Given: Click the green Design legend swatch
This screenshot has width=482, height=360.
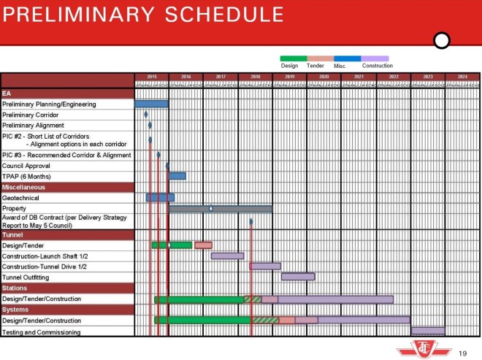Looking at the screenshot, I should (x=294, y=58).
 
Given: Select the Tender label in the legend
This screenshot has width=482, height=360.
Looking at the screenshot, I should (x=315, y=66).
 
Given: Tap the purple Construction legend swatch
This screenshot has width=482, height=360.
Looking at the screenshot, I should (x=375, y=58).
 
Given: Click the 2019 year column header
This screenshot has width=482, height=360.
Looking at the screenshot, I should (x=289, y=77).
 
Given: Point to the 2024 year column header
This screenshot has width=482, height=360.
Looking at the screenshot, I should (x=462, y=77).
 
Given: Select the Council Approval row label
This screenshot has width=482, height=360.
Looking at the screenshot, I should (x=26, y=166).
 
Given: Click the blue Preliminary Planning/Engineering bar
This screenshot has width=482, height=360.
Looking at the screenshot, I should (x=151, y=104).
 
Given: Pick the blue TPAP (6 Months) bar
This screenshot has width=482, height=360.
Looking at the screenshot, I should (x=177, y=176).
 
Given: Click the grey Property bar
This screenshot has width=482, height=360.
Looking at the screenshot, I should (x=220, y=209).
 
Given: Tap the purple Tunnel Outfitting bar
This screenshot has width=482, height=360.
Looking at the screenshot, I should (x=298, y=277).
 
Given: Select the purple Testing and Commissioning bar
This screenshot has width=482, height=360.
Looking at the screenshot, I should (x=428, y=332).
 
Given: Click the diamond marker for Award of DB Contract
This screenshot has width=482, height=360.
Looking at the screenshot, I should (x=250, y=222).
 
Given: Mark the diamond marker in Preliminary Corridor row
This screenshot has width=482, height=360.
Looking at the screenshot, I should (x=146, y=115).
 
